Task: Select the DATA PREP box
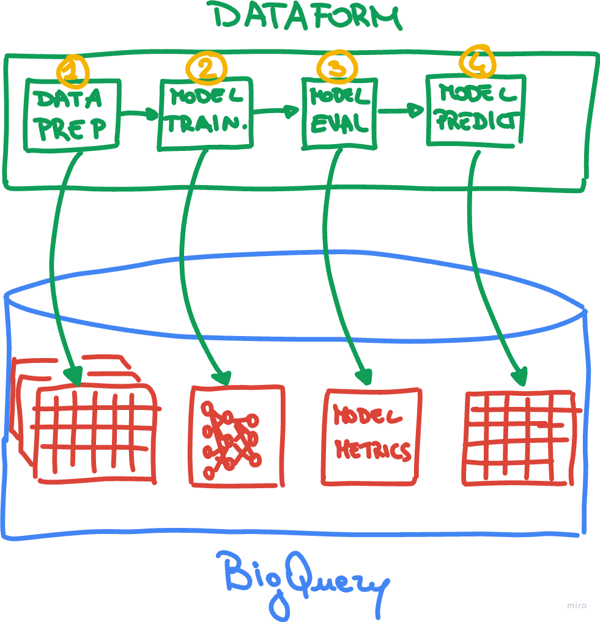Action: pyautogui.click(x=72, y=114)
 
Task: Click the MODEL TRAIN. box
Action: pyautogui.click(x=206, y=114)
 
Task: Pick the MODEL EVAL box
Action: pyautogui.click(x=338, y=113)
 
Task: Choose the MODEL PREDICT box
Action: pyautogui.click(x=475, y=109)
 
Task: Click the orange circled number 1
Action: pyautogui.click(x=73, y=71)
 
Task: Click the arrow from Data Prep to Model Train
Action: pyautogui.click(x=139, y=114)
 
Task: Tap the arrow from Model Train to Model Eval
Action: pyautogui.click(x=276, y=111)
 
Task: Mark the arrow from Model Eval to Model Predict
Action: pyautogui.click(x=401, y=111)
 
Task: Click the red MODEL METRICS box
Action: pyautogui.click(x=372, y=435)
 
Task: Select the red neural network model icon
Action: pyautogui.click(x=237, y=436)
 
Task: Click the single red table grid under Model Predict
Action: pyautogui.click(x=520, y=437)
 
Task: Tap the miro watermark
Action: pyautogui.click(x=576, y=606)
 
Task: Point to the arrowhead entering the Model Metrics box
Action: pyautogui.click(x=365, y=374)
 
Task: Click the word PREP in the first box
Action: pyautogui.click(x=72, y=128)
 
